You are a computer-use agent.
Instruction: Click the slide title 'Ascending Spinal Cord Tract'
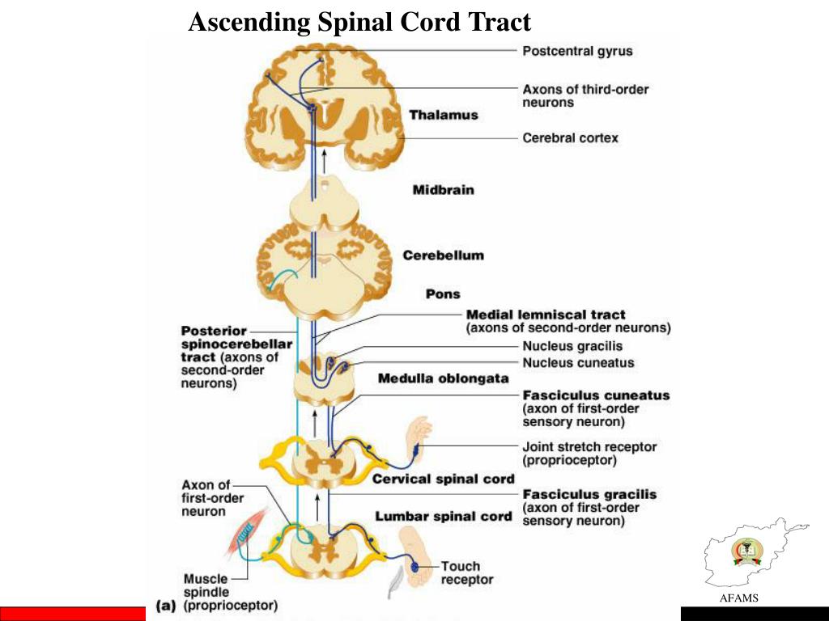(x=359, y=22)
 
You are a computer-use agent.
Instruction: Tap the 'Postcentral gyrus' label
(x=577, y=51)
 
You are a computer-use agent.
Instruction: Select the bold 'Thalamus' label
(x=443, y=115)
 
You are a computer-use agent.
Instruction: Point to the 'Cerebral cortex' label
(x=570, y=138)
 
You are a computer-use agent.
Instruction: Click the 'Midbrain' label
(x=443, y=191)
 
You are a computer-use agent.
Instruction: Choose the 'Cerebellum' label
(x=443, y=256)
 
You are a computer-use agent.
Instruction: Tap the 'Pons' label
(x=443, y=294)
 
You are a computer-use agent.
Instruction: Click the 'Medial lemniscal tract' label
(x=546, y=315)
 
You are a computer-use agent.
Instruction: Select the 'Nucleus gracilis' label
(x=572, y=347)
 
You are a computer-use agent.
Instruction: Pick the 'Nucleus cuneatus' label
(x=578, y=363)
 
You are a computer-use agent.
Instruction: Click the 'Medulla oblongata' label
(x=443, y=378)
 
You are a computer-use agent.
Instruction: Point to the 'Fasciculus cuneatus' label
(x=596, y=395)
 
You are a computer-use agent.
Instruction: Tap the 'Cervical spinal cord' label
(x=443, y=479)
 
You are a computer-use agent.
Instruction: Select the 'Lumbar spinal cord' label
(x=443, y=516)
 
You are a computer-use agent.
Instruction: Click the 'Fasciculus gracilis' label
(x=589, y=494)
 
